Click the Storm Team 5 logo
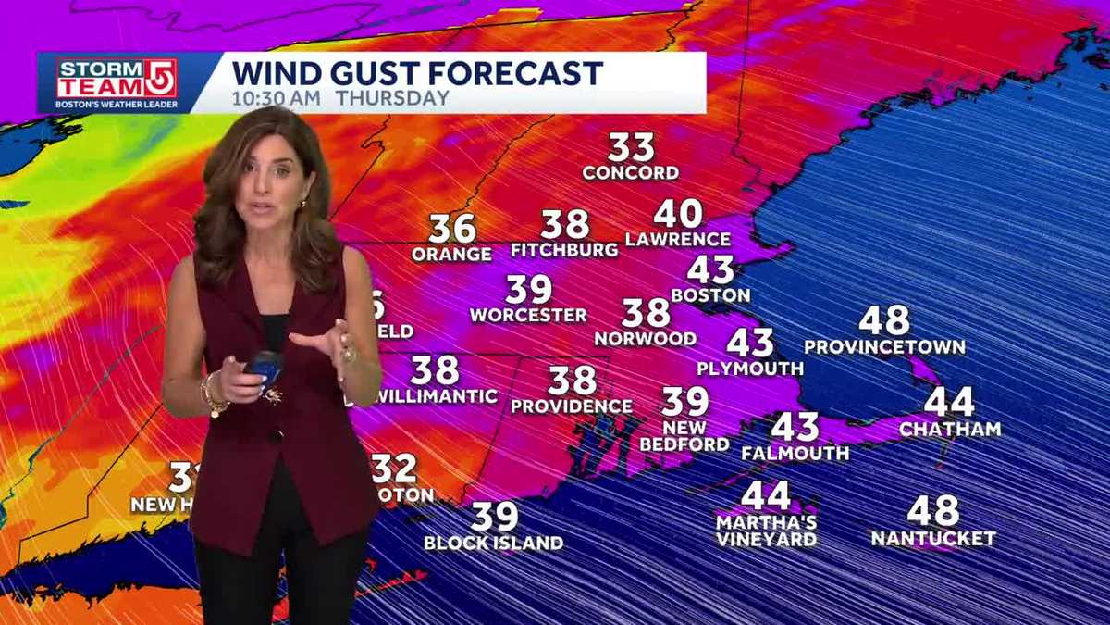[x=116, y=82]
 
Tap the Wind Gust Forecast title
[x=417, y=72]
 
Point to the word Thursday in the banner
[x=393, y=97]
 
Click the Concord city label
[x=631, y=173]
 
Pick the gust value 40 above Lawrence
[x=678, y=214]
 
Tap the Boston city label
[x=710, y=296]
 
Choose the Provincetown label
[x=884, y=347]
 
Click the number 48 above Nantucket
[x=932, y=511]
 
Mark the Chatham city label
[x=950, y=429]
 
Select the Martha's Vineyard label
[x=766, y=530]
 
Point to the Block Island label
[x=493, y=544]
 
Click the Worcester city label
[x=528, y=316]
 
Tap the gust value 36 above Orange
[x=451, y=229]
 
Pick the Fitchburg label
[x=564, y=250]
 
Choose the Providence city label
[x=572, y=406]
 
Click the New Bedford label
[x=684, y=436]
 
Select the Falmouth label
[x=795, y=454]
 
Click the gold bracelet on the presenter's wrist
[x=213, y=396]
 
